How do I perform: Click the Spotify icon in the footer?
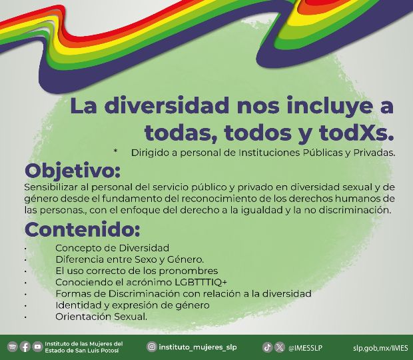tap(13, 347)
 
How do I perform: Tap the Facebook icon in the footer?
tap(25, 347)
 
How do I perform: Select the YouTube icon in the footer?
tap(37, 347)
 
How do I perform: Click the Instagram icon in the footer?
tap(152, 347)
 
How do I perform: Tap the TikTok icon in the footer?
tap(267, 347)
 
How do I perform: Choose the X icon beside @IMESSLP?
tap(280, 347)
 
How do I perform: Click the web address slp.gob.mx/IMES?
tap(380, 348)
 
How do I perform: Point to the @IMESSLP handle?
tap(305, 348)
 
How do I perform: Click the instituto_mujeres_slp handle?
tap(198, 347)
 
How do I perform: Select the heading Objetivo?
tap(73, 171)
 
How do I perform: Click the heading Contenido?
tap(82, 229)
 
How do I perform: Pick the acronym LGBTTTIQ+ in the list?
tap(201, 282)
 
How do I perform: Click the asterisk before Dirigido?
tap(115, 151)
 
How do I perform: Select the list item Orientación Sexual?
tap(101, 316)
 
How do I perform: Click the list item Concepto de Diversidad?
tap(112, 248)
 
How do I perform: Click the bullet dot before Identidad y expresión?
tap(25, 306)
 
